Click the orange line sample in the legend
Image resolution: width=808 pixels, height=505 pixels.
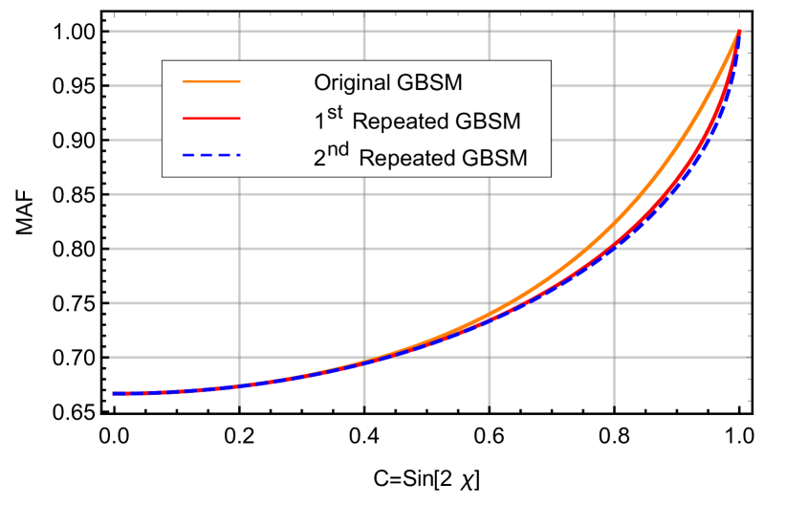click(x=211, y=83)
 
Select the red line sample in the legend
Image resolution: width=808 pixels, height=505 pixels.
click(x=211, y=119)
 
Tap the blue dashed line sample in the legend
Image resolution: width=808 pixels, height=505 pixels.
click(x=211, y=155)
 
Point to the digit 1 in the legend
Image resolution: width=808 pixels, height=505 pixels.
click(x=319, y=122)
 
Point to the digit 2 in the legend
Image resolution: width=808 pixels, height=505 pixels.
click(x=320, y=159)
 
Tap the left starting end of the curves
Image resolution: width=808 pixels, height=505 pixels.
click(x=114, y=393)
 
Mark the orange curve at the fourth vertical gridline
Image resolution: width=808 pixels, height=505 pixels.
click(x=614, y=227)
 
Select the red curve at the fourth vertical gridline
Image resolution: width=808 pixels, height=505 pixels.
click(x=614, y=246)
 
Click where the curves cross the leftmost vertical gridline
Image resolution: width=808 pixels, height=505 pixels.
click(x=239, y=385)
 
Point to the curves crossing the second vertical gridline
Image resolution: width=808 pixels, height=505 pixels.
click(x=364, y=362)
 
